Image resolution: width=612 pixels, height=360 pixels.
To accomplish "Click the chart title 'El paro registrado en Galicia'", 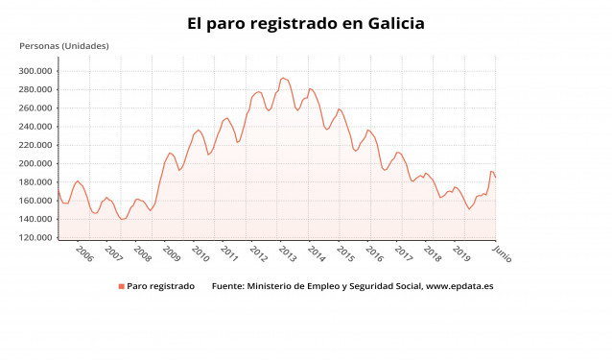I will coord(306,23).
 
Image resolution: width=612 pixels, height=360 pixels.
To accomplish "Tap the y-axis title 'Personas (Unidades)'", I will coord(64,46).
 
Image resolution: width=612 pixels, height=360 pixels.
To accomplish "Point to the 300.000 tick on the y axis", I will coord(35,71).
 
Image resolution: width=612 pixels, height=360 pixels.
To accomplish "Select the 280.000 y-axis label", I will coord(35,89).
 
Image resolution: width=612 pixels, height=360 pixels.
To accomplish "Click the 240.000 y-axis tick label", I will coord(35,127).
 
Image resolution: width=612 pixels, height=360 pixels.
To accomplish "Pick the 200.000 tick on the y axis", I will coord(35,164).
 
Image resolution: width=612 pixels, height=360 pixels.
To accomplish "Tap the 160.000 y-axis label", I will coord(35,201).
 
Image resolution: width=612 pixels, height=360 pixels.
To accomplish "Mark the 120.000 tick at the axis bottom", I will coord(35,238).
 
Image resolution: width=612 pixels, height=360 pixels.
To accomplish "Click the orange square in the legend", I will coord(122,286).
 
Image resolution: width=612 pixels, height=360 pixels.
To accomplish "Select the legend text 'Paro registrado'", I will coord(161,286).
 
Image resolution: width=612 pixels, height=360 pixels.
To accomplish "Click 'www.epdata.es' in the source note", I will coord(459,286).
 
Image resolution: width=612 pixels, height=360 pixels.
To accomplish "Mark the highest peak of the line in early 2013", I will coord(283,78).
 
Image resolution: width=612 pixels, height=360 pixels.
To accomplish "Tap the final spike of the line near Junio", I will coord(492,172).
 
